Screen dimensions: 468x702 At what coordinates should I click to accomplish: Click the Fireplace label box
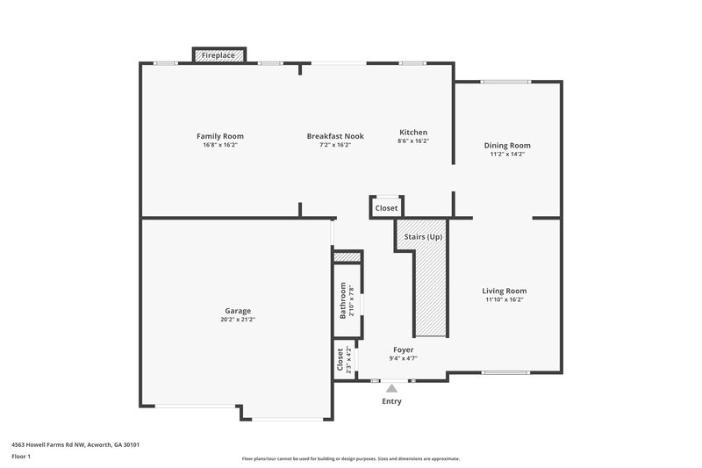tap(218, 55)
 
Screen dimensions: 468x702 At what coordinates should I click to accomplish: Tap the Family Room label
tap(219, 136)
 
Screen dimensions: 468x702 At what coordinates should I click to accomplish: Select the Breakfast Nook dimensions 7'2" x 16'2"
tap(335, 145)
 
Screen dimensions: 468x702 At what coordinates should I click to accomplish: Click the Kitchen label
tap(413, 132)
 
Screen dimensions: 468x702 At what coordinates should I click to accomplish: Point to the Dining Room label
tap(507, 146)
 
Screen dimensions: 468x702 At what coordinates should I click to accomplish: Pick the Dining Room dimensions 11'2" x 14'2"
tap(507, 155)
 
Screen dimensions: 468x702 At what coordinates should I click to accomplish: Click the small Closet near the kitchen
tap(386, 208)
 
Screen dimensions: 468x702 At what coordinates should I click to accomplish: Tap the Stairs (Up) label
tap(423, 237)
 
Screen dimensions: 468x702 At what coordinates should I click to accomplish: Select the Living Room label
tap(505, 291)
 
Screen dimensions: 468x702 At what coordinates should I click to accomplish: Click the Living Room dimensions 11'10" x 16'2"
tap(505, 299)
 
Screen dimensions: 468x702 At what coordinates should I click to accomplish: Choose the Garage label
tap(238, 311)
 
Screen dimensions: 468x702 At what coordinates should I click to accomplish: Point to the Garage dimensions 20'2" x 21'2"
tap(238, 320)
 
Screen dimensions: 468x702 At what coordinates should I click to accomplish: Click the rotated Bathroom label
tap(343, 300)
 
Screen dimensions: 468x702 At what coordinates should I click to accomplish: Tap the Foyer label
tap(403, 349)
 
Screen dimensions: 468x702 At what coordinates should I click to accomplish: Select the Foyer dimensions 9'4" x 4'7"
tap(403, 358)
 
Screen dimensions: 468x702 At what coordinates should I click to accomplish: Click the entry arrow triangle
tap(391, 387)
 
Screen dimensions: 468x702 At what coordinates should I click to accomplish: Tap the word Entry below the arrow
tap(391, 401)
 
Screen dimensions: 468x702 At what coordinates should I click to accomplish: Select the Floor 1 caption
tap(21, 457)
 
